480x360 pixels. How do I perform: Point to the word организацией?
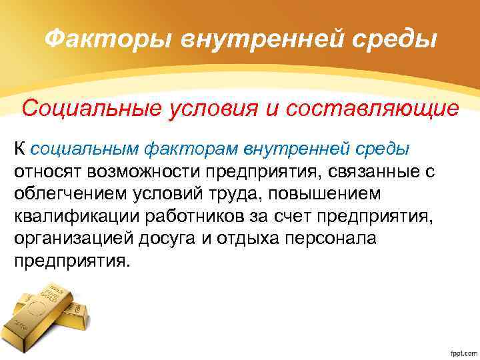(69, 239)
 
